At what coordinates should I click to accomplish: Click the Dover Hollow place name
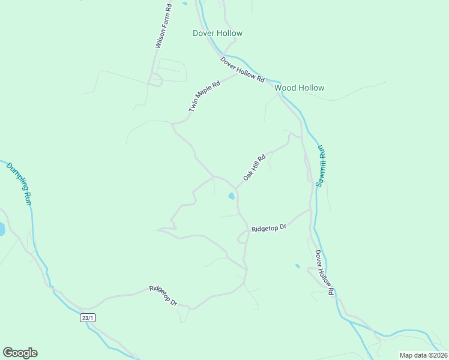coord(217,33)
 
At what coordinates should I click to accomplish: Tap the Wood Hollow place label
coord(299,88)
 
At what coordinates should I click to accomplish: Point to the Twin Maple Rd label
coord(204,96)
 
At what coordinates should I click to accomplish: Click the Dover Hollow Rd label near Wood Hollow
coord(242,70)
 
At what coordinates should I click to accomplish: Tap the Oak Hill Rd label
coord(254,169)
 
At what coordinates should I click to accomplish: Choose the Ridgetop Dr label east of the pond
coord(269,228)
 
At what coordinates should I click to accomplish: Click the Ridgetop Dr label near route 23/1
coord(163,295)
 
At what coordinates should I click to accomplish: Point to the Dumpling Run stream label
coord(19,184)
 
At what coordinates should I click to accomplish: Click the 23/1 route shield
coord(88,317)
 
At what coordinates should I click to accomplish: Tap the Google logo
coord(20,353)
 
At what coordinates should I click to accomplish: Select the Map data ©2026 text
coord(423,355)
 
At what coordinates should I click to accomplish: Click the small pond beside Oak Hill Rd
coord(231,196)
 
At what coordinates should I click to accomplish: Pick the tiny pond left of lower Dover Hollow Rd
coord(297,265)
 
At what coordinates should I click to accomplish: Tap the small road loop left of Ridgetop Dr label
coord(243,239)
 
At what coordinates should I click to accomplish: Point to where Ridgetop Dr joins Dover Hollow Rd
coord(310,209)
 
